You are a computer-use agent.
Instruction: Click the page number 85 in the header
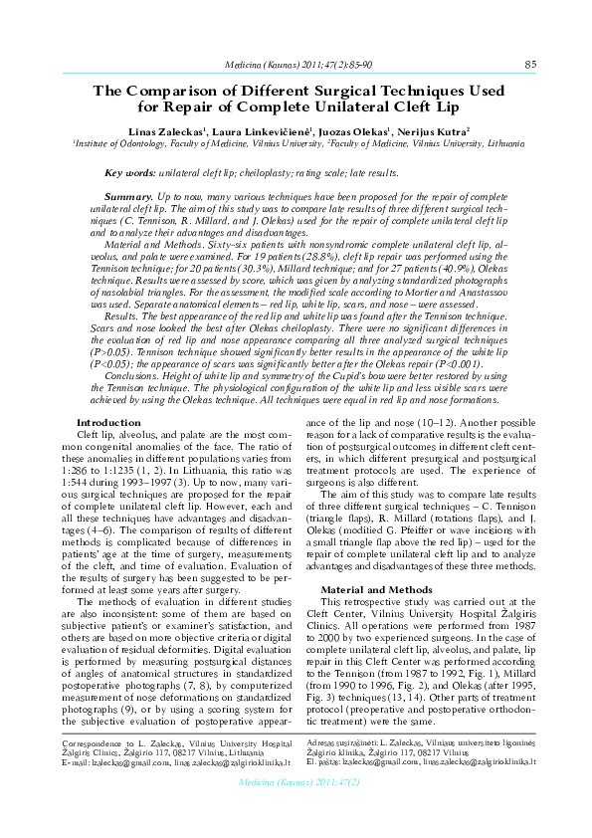(x=530, y=64)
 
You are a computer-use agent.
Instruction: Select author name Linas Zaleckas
(x=163, y=130)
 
